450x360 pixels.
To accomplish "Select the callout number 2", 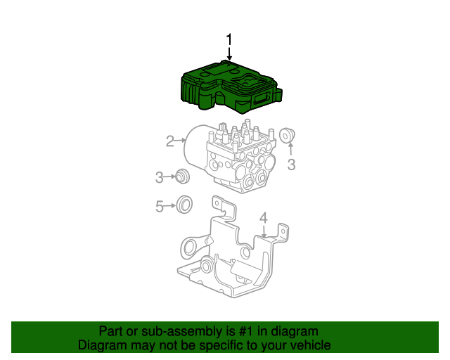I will point(169,141).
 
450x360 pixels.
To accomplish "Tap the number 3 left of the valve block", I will point(160,176).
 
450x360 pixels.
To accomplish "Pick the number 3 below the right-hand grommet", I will point(291,165).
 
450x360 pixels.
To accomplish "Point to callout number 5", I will point(160,206).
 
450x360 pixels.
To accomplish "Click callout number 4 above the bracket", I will point(264,219).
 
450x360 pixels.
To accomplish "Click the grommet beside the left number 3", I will point(182,176).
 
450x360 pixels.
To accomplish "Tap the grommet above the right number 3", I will point(287,135).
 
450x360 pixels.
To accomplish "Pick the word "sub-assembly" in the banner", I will point(170,331).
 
